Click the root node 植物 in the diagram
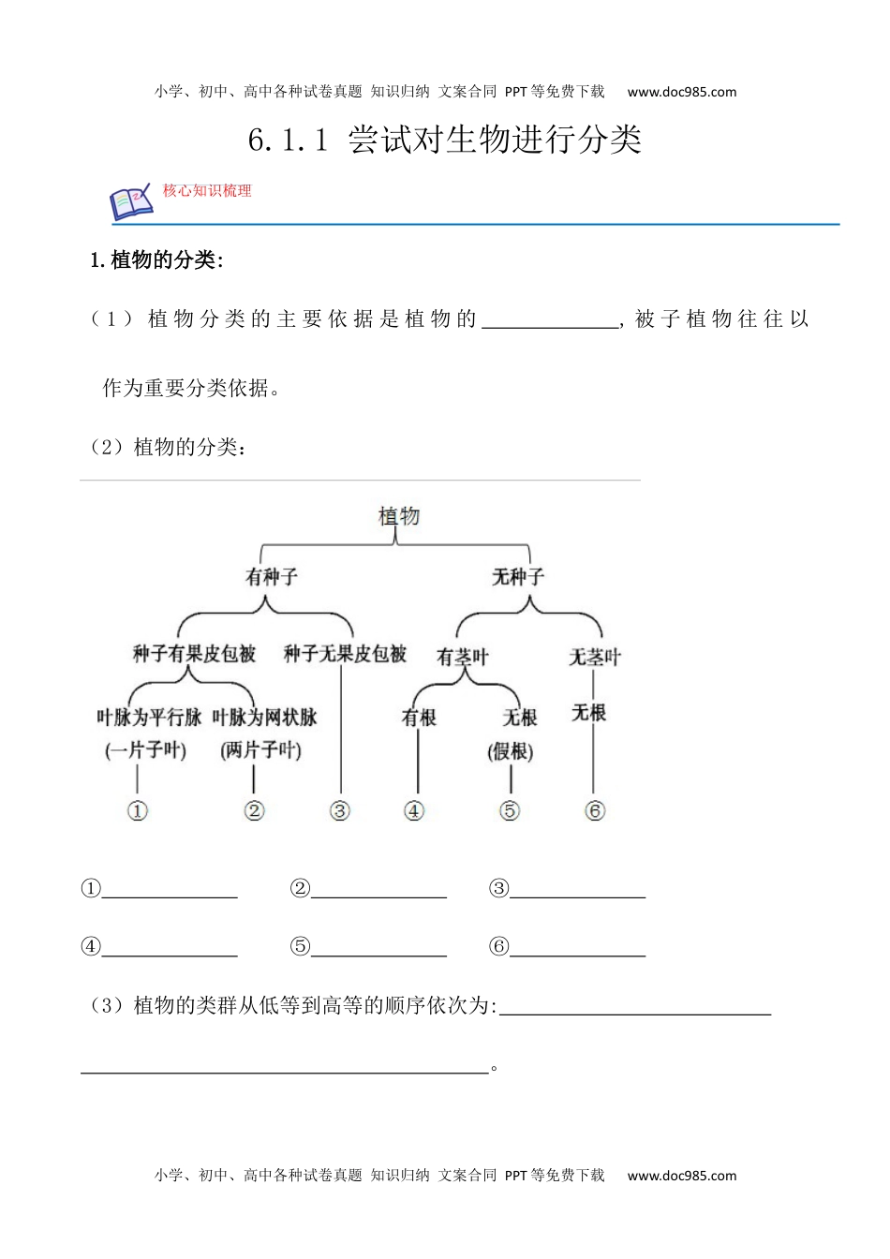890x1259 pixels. click(399, 516)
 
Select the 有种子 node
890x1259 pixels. click(272, 577)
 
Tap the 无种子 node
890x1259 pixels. click(518, 577)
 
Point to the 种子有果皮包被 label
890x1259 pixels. click(194, 654)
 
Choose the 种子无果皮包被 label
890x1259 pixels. click(345, 654)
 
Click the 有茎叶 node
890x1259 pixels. click(463, 658)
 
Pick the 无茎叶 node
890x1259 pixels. click(595, 658)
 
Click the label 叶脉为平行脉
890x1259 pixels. click(149, 718)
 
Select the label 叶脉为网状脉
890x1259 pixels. click(264, 718)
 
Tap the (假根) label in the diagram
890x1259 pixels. click(511, 751)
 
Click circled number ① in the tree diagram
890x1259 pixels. click(138, 811)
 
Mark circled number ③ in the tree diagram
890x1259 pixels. click(340, 811)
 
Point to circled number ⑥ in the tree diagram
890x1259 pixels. click(595, 811)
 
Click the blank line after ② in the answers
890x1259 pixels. click(378, 890)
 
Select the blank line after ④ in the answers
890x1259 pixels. click(170, 948)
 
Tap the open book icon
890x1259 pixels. click(131, 201)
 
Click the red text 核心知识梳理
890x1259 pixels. click(207, 191)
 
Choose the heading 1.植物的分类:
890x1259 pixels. click(156, 260)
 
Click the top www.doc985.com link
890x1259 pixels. click(682, 92)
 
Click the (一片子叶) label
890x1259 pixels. click(146, 750)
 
